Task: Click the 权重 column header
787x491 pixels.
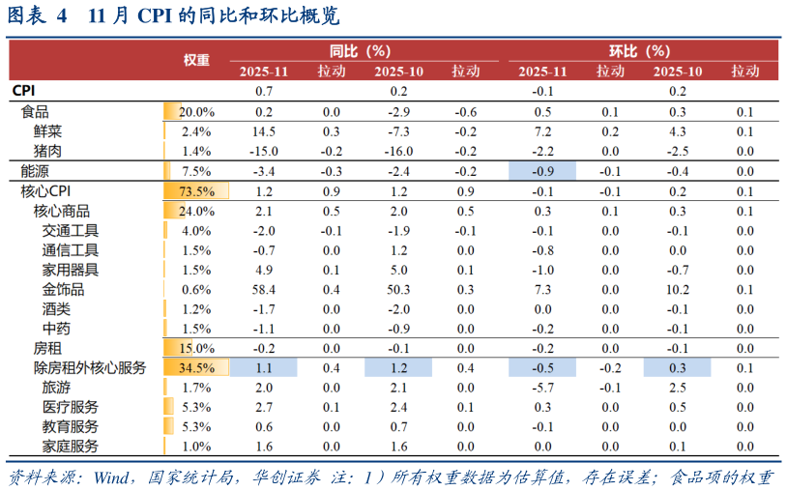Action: coord(196,60)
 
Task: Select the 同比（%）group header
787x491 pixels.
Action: coord(359,50)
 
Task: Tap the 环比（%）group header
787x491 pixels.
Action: coord(638,50)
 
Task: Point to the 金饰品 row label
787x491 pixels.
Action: coord(63,289)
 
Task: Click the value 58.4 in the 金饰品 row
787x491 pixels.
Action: coord(264,289)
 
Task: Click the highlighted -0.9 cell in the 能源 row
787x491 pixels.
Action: coord(542,171)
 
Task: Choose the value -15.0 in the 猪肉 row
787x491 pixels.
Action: coord(264,151)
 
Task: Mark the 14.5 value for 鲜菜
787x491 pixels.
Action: coord(264,131)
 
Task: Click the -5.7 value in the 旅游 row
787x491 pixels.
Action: coord(542,388)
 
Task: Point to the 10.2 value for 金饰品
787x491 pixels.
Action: coord(677,289)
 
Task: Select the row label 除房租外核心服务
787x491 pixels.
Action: coord(90,367)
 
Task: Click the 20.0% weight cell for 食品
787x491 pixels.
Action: coord(196,112)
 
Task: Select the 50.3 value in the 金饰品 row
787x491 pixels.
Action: coord(398,289)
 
